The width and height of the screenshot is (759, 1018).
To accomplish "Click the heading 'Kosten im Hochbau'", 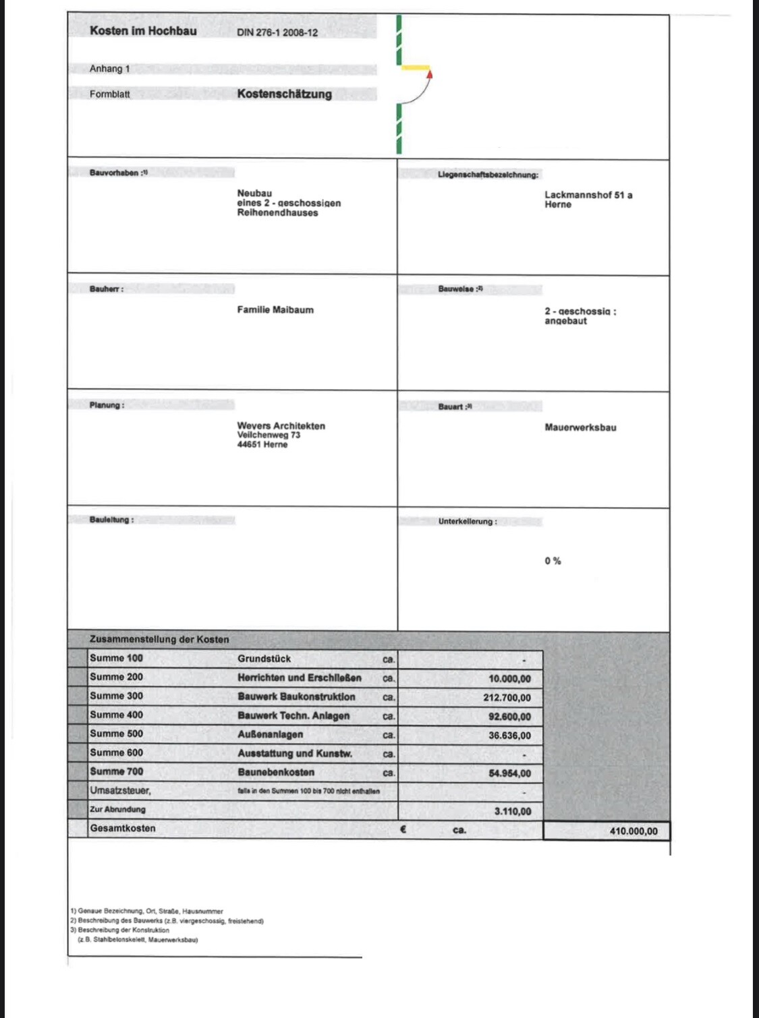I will point(143,31).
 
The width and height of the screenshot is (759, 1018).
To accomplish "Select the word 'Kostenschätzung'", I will point(284,94).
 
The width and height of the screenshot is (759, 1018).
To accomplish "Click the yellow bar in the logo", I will point(415,67).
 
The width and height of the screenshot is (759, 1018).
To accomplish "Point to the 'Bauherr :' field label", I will point(107,289).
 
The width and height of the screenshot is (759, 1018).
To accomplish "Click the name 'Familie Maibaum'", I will point(275,310).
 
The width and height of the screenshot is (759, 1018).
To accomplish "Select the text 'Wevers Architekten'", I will point(281,426).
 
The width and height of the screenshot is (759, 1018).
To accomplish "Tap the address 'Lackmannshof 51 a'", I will point(588,195).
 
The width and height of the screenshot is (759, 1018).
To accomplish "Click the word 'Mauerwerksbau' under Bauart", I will point(580,427).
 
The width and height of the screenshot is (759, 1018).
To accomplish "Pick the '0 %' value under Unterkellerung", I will point(553,561).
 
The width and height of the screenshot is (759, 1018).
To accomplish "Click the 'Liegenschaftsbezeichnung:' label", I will point(488,175).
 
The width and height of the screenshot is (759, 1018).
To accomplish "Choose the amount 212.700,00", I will point(507,698).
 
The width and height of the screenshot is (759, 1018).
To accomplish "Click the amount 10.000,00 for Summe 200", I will point(509,679).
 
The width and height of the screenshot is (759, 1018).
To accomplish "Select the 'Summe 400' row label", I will point(116,715).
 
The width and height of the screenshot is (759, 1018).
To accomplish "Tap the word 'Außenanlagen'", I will point(270,734).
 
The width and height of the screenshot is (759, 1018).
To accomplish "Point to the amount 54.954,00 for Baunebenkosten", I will point(509,773).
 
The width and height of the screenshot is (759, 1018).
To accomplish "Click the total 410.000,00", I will point(633,831).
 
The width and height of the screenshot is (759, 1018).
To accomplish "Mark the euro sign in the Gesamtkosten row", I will point(403,829).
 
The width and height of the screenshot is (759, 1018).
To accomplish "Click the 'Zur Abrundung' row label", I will point(117,809).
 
